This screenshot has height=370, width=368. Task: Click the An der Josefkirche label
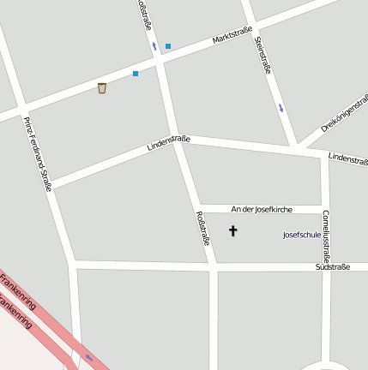point(262,209)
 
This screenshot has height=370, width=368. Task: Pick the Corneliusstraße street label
point(326,235)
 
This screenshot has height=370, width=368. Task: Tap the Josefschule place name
point(301,234)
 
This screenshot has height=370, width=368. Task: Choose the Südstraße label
point(332,267)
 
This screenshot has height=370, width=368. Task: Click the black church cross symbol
point(232,230)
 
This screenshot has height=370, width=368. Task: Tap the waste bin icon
point(102,87)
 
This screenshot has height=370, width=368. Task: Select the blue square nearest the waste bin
point(136,74)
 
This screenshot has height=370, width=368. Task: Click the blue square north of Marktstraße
point(168,46)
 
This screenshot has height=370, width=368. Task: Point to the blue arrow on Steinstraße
point(281,108)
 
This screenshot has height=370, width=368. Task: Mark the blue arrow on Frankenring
point(88,357)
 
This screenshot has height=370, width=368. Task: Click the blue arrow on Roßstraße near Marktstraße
point(154,45)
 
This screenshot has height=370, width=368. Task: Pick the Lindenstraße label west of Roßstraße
point(168,143)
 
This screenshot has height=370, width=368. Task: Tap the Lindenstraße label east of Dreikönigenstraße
point(347,158)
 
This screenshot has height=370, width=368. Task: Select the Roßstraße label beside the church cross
point(203,228)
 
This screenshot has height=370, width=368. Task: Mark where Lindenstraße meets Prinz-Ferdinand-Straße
point(51,186)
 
